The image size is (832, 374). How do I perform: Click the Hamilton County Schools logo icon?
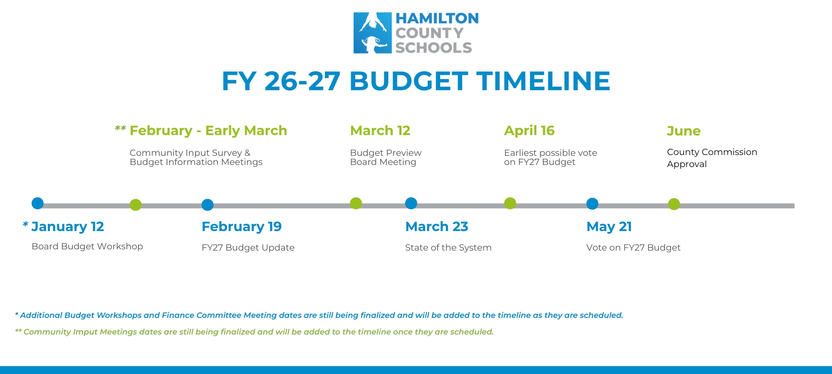tap(372, 33)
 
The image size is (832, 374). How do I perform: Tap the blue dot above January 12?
tap(37, 203)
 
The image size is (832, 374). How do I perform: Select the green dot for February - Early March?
tap(136, 205)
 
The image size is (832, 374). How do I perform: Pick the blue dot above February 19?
tap(208, 205)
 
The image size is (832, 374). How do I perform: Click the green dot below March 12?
tap(356, 203)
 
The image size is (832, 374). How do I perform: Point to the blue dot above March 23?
tap(411, 203)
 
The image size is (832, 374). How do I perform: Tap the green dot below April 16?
tap(510, 203)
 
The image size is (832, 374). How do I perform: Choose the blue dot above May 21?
tap(592, 204)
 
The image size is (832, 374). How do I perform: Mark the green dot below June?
tap(674, 204)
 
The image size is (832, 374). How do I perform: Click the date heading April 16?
tap(529, 131)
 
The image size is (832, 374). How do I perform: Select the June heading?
tap(684, 131)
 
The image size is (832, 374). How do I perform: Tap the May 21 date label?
tap(609, 227)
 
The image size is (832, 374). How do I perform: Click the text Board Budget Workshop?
tap(87, 246)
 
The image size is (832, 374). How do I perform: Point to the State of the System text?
tap(448, 248)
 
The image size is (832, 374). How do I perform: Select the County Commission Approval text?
tap(712, 158)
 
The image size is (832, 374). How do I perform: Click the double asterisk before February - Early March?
tap(120, 128)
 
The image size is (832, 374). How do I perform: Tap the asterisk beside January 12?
tap(25, 225)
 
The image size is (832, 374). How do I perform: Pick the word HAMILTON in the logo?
tap(437, 18)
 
